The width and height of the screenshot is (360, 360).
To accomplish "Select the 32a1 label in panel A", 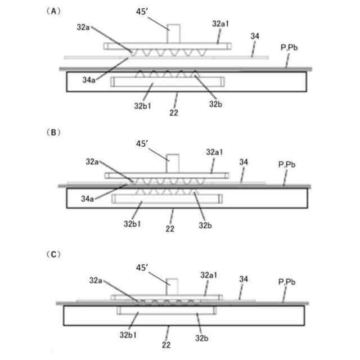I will [x=220, y=24].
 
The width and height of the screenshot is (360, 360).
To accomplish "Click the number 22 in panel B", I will [x=170, y=228].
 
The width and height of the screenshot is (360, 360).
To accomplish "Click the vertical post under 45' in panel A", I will [x=174, y=33].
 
